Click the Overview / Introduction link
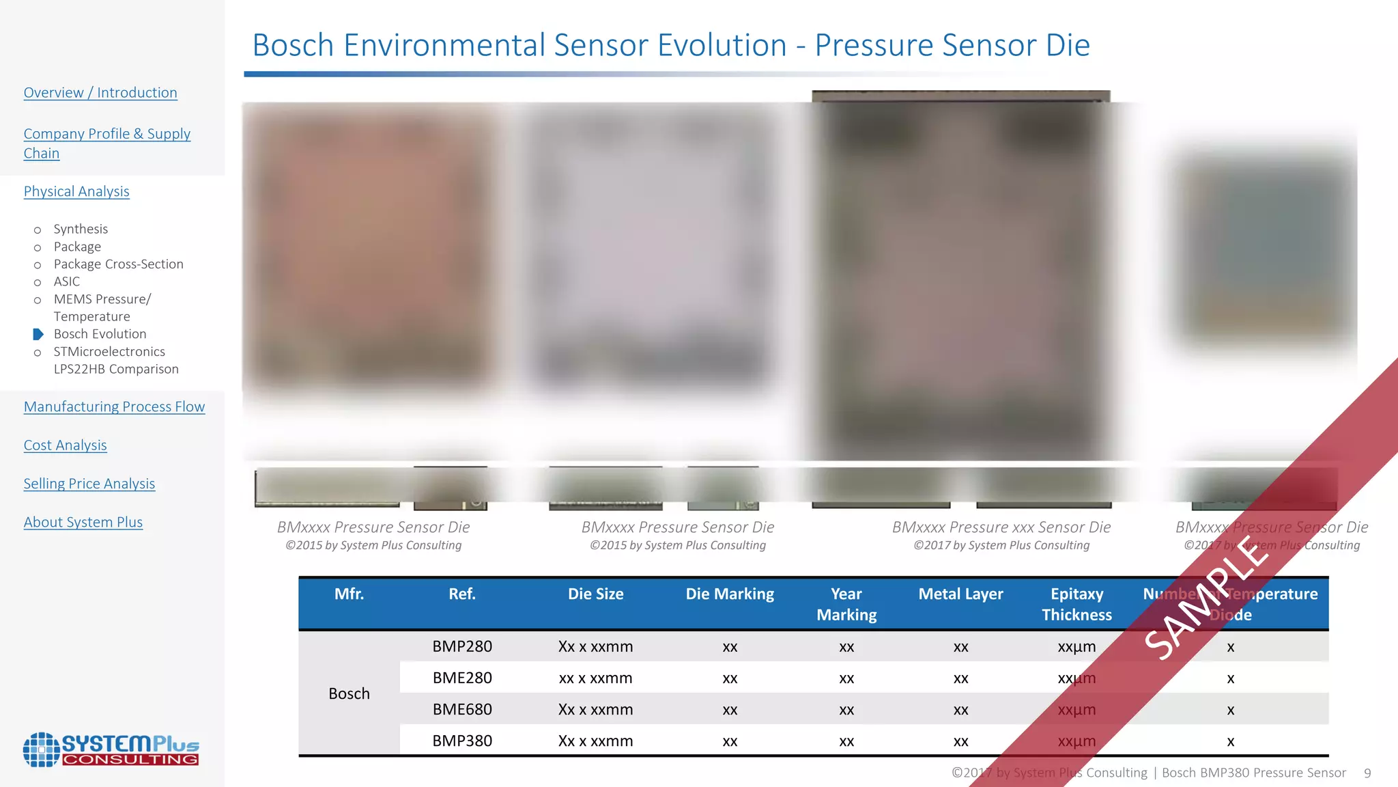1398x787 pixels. coord(100,93)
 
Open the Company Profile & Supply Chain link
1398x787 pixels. coord(106,143)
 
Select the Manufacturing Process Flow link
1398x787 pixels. coord(114,407)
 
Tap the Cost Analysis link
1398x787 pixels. coord(65,445)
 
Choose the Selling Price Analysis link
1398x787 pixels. coord(89,484)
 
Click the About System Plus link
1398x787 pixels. coord(83,523)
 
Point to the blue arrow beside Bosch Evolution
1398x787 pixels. coord(38,334)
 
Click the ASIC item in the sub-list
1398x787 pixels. coord(66,281)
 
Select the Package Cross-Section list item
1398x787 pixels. coord(118,264)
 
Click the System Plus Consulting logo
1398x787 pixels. coord(111,749)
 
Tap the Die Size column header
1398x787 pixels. coord(595,594)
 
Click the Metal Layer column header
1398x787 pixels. coord(960,594)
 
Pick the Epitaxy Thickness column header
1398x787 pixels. coord(1076,604)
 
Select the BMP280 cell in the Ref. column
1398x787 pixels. coord(462,646)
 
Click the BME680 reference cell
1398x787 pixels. coord(462,709)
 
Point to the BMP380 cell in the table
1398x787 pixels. coord(462,741)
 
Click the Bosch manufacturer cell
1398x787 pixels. coord(349,693)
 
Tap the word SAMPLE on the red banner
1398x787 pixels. coord(1207,598)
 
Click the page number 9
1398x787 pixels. coord(1367,773)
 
